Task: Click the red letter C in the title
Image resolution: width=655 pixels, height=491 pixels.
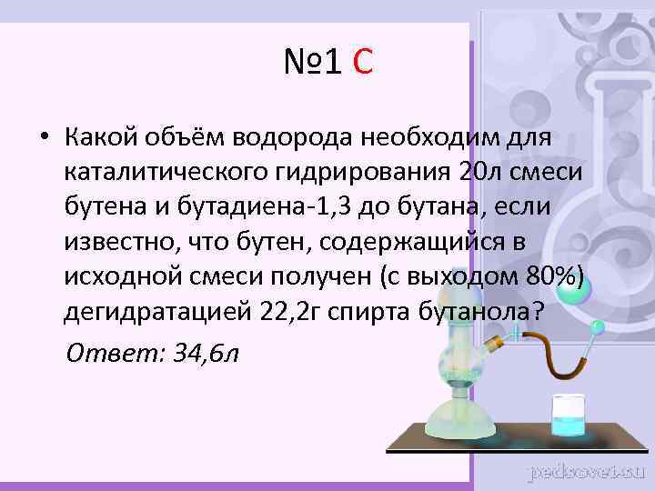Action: point(361,64)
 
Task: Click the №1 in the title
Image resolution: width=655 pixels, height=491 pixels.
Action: point(312,64)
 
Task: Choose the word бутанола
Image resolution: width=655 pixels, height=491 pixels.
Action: point(476,310)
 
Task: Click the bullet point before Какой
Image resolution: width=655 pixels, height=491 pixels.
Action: point(43,138)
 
